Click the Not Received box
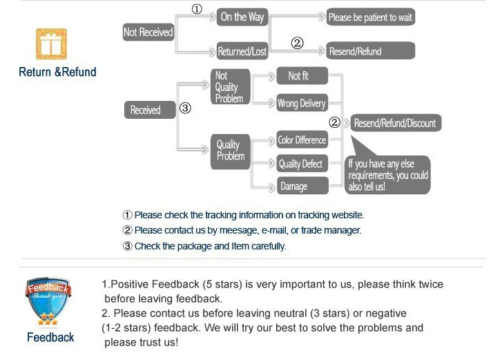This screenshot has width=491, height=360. [x=148, y=32]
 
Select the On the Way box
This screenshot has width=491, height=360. [x=242, y=17]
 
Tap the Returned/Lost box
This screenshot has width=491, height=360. [x=242, y=51]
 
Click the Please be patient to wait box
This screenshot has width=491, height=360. [x=370, y=17]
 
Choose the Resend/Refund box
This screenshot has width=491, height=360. [x=370, y=51]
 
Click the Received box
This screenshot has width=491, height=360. [x=146, y=110]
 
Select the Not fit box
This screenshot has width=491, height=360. [x=301, y=76]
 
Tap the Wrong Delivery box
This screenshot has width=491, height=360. [x=301, y=104]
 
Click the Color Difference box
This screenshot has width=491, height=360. [x=301, y=140]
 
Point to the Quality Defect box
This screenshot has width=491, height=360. [x=301, y=164]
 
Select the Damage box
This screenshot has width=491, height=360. [x=301, y=187]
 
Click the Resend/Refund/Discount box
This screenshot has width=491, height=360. [x=395, y=123]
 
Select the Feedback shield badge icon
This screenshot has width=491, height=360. [x=49, y=301]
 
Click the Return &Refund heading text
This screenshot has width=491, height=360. [x=57, y=72]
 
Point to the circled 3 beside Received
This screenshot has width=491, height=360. [x=184, y=108]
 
